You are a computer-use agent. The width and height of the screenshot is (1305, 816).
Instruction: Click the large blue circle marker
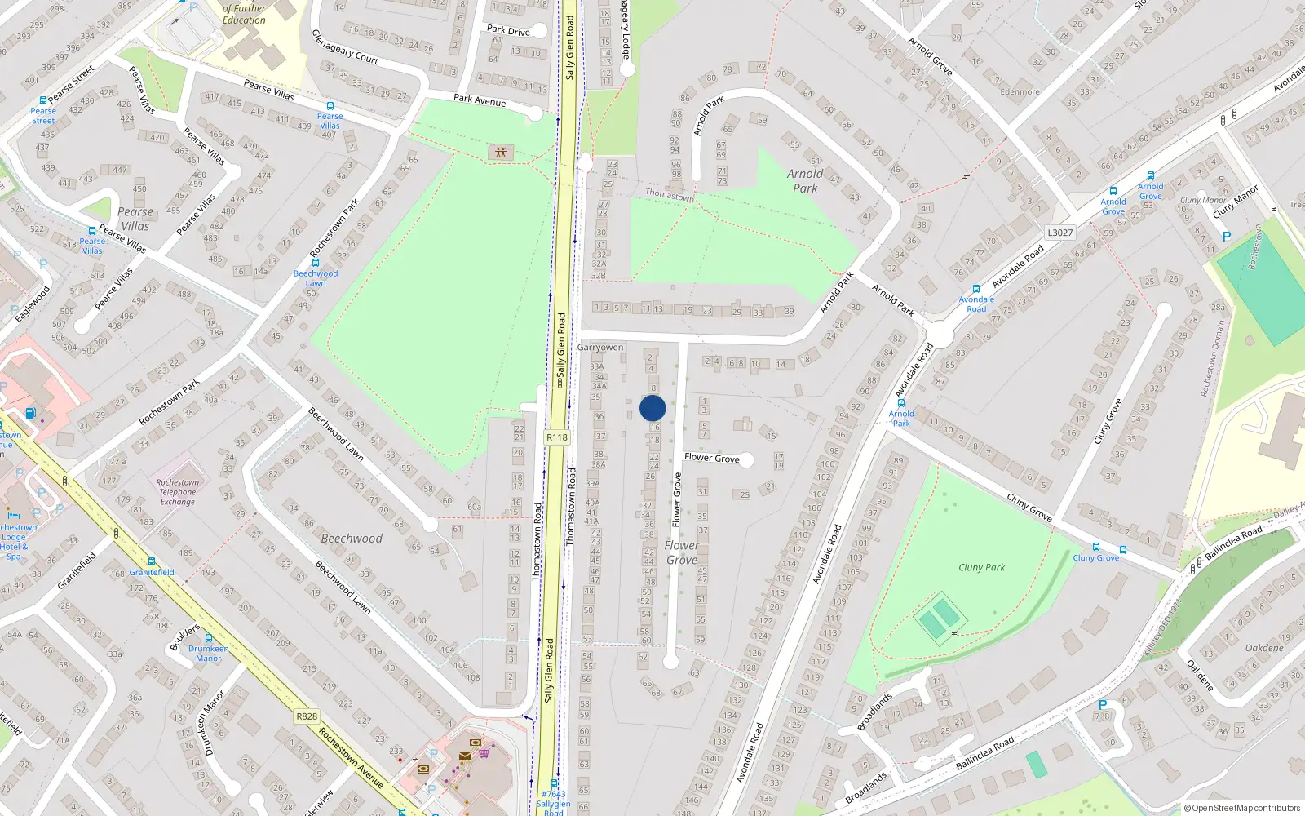click(652, 408)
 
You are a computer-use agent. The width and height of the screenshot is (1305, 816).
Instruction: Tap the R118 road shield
click(557, 437)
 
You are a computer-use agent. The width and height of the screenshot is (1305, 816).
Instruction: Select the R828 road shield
click(307, 716)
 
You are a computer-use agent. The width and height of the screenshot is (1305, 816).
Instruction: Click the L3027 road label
click(1059, 233)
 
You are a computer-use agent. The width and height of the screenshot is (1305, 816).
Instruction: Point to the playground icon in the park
click(500, 153)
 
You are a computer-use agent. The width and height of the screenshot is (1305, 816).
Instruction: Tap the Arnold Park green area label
click(805, 181)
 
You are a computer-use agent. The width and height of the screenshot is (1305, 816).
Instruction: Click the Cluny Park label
click(981, 567)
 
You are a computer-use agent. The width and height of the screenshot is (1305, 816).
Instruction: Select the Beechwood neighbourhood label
click(352, 539)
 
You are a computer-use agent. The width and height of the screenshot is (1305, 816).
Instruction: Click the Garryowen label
click(600, 348)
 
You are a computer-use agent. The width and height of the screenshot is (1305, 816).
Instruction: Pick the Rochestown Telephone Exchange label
click(178, 492)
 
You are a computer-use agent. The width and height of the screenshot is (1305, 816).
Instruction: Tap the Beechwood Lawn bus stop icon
click(315, 263)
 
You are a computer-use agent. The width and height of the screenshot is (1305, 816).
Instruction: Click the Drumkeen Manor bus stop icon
click(209, 638)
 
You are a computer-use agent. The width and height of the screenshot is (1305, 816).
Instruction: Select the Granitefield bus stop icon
click(152, 561)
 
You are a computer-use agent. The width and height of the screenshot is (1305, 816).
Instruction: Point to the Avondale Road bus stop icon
click(976, 289)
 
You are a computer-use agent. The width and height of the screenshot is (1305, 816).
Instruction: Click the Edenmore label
click(1020, 91)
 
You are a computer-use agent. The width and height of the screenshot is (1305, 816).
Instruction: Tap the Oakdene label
click(1264, 648)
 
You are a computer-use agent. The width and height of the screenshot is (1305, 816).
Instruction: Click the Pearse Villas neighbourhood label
click(135, 219)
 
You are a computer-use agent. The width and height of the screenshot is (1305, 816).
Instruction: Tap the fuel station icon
click(30, 413)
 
